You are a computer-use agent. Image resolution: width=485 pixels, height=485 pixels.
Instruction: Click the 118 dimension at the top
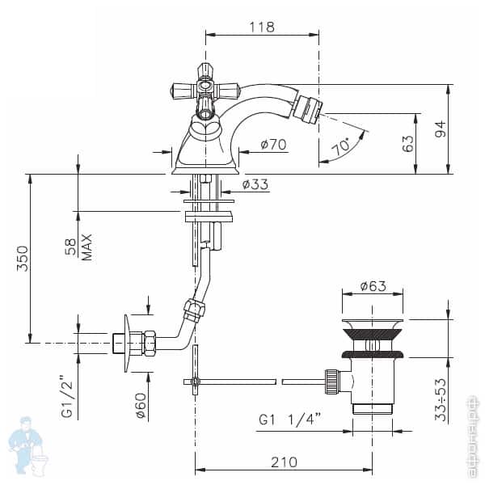[x=261, y=27]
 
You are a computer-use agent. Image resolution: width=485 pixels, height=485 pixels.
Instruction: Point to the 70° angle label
[x=341, y=148]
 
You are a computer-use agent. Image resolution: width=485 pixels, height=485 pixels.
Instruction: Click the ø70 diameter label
[x=274, y=146]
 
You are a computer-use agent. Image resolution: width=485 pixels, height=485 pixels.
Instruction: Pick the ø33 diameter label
[x=255, y=185]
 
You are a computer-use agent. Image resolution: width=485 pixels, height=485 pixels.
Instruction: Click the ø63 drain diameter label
[x=373, y=285]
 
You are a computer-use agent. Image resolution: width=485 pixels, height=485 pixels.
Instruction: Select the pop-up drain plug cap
[x=373, y=328]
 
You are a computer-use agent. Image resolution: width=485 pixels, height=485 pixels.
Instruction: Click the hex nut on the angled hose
[x=193, y=311]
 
